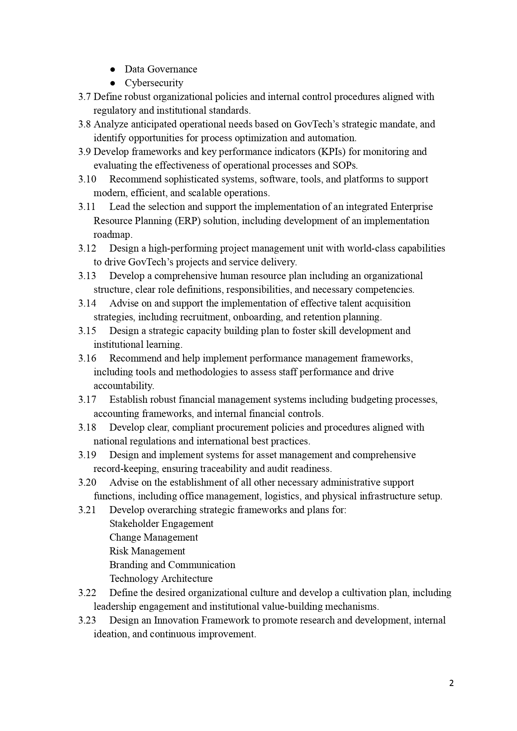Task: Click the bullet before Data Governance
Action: pyautogui.click(x=112, y=70)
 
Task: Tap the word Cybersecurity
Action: pyautogui.click(x=154, y=83)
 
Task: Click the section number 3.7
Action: pyautogui.click(x=85, y=97)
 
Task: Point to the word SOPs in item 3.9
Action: pyautogui.click(x=345, y=165)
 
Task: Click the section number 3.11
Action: pyautogui.click(x=87, y=207)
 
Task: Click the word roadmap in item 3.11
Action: pyautogui.click(x=112, y=235)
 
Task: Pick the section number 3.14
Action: pyautogui.click(x=87, y=303)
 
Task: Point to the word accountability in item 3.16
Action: pyautogui.click(x=124, y=386)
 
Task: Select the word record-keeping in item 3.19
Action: pyautogui.click(x=126, y=469)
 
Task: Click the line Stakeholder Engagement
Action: pyautogui.click(x=161, y=524)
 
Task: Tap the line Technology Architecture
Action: pyautogui.click(x=161, y=579)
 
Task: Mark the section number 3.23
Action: pyautogui.click(x=87, y=620)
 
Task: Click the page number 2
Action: pyautogui.click(x=452, y=683)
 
